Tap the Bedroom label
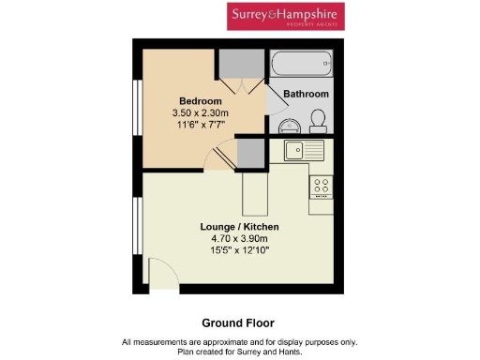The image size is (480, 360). tap(201, 101)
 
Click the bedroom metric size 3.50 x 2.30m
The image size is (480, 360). tap(201, 113)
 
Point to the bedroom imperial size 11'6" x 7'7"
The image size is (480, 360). tap(201, 126)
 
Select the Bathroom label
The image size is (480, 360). tap(307, 95)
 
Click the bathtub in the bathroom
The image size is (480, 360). tap(301, 64)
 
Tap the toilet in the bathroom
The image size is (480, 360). tap(319, 121)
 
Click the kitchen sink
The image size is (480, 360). tap(303, 149)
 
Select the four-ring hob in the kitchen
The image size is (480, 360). tap(322, 186)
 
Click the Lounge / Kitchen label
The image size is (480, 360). tap(240, 227)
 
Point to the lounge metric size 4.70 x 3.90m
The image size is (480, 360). tap(240, 239)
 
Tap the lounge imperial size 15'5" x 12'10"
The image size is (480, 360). tap(240, 251)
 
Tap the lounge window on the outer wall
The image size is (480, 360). tap(137, 230)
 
